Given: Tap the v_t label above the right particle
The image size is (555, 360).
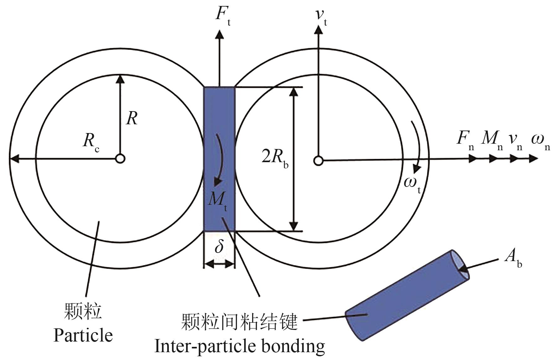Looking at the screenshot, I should [321, 16].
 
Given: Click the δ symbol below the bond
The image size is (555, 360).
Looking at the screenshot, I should [219, 247].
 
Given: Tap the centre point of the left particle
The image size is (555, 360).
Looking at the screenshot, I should [120, 159].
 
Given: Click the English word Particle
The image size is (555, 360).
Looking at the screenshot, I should [83, 336].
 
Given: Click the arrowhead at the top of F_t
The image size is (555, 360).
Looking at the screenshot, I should [219, 34].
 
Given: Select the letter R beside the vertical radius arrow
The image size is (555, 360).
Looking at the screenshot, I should [132, 119].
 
